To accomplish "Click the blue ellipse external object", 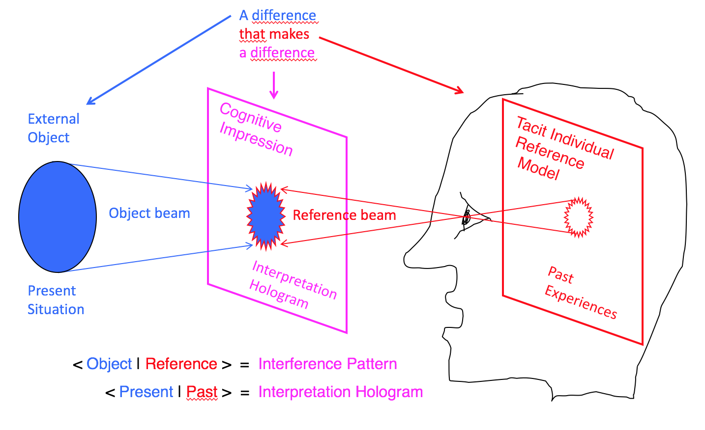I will click(58, 216).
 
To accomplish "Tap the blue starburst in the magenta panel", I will click(266, 216).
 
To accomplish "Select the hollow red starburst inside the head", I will click(579, 217).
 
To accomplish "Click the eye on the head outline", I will click(466, 217).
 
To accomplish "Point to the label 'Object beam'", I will click(149, 213).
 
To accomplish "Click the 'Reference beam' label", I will click(344, 215).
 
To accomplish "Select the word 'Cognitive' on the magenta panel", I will click(251, 118).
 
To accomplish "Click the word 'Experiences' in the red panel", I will click(581, 302).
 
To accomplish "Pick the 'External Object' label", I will click(53, 128).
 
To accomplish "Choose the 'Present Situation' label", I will click(56, 300).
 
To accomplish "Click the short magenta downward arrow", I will click(274, 85).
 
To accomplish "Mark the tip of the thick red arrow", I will click(462, 92).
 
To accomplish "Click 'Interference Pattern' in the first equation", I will click(327, 364).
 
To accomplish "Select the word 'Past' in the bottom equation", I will click(202, 392).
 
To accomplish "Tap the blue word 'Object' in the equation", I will click(109, 364).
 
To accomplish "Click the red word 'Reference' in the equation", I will click(181, 364).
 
